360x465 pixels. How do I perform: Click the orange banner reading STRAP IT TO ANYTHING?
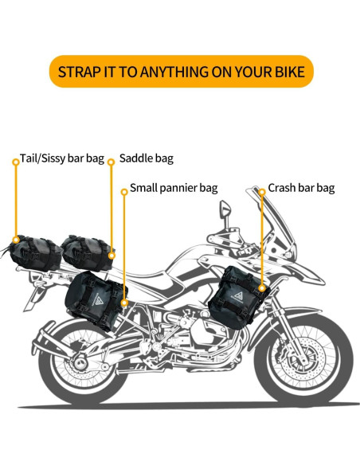pos(181,72)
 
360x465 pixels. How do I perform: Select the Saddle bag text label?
pos(146,159)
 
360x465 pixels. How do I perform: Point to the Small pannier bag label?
pos(174,189)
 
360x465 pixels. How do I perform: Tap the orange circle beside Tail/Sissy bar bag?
pos(15,161)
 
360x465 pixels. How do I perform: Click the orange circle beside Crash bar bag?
pos(261,191)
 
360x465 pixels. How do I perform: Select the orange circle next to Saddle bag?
pos(111,162)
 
